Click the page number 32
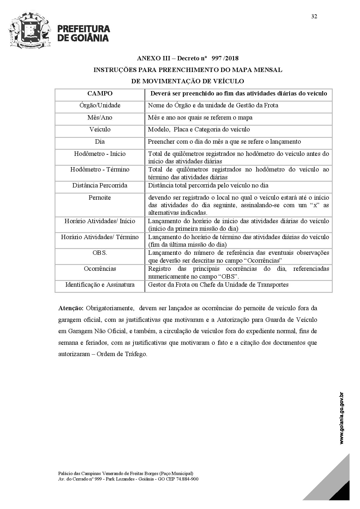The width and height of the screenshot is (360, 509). tap(314, 16)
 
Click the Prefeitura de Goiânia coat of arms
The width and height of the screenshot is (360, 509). tap(30, 30)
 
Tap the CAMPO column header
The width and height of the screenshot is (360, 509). tap(100, 93)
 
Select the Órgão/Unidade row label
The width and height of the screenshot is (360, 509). tap(100, 105)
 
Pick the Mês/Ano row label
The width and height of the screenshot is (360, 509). tap(100, 118)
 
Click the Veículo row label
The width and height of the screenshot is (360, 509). tap(100, 129)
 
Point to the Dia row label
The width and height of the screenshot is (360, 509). tap(100, 142)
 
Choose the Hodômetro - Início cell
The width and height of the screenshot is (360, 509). tap(100, 154)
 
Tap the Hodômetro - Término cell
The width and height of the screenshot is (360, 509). tap(100, 169)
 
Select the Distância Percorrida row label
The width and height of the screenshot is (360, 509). tap(100, 185)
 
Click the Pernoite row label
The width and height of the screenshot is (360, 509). tap(100, 198)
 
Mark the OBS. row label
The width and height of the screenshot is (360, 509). tap(100, 253)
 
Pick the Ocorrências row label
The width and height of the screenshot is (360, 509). tap(100, 269)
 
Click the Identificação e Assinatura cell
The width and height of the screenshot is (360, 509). tap(100, 285)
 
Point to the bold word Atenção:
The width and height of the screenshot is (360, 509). tap(71, 308)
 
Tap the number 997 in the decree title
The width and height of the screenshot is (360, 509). tap(217, 58)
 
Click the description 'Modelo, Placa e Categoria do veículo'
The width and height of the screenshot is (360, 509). tap(199, 129)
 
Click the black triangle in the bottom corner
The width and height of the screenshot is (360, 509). tap(343, 492)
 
